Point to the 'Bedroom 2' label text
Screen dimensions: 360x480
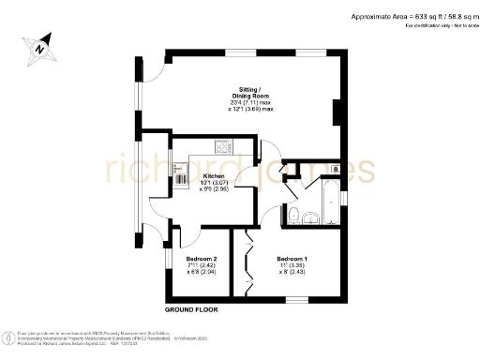[x=202, y=259]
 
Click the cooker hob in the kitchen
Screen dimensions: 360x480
[x=224, y=146]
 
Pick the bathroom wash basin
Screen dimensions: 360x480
[x=313, y=218]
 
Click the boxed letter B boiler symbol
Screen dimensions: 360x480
[x=336, y=169]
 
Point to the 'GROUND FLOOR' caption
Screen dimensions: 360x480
[x=192, y=308]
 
